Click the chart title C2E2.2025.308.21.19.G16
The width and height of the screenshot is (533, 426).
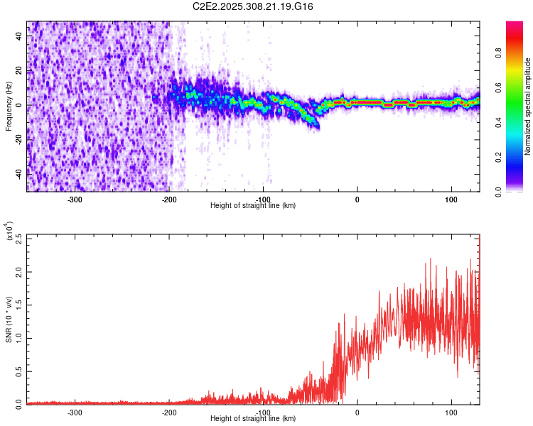click(254, 6)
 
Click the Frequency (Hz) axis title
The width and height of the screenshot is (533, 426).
click(9, 105)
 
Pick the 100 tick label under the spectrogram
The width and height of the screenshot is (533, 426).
click(451, 199)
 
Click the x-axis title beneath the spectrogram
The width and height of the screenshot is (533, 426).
click(253, 206)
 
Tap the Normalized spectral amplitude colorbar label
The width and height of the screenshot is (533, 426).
click(527, 106)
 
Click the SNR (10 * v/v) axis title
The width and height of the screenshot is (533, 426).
click(9, 319)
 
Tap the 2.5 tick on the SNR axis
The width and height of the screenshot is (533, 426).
click(20, 239)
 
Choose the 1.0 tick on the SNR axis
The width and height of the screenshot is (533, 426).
click(20, 338)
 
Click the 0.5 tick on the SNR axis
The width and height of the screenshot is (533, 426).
click(20, 371)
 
